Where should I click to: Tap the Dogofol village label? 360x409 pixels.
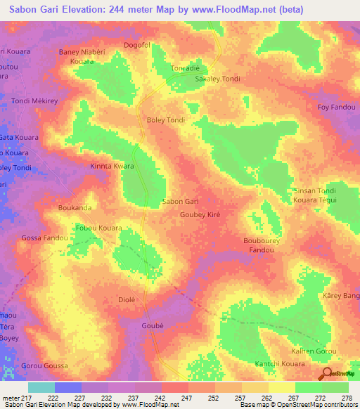(x=137, y=45)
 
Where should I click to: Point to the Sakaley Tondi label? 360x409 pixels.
(x=217, y=79)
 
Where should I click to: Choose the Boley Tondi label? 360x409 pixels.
(x=165, y=120)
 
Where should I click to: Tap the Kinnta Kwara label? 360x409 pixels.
(x=112, y=167)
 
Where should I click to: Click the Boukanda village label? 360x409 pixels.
(x=75, y=208)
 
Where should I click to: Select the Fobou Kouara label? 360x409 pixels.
(x=99, y=228)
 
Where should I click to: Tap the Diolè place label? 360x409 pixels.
(x=126, y=299)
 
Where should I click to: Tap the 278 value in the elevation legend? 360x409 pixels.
(x=345, y=399)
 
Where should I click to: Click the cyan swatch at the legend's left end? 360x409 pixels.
(x=41, y=387)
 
